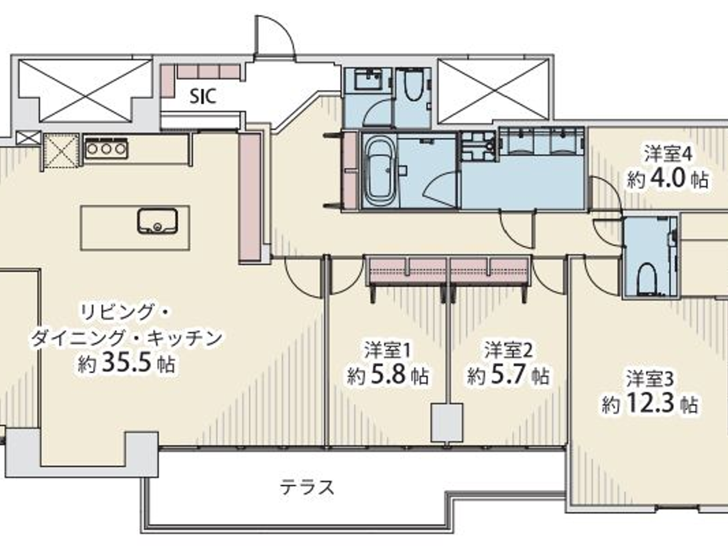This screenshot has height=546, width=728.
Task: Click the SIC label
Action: pyautogui.click(x=203, y=96)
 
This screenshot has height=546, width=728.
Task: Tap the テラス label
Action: pyautogui.click(x=307, y=487)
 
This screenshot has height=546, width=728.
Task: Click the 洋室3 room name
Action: pyautogui.click(x=649, y=379)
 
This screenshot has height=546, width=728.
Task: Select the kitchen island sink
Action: pyautogui.click(x=157, y=220)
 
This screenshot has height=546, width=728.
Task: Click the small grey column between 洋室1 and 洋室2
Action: pyautogui.click(x=447, y=423)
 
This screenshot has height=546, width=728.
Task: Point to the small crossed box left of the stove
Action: pyautogui.click(x=61, y=151)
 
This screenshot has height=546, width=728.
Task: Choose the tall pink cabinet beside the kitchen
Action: pyautogui.click(x=249, y=197)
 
